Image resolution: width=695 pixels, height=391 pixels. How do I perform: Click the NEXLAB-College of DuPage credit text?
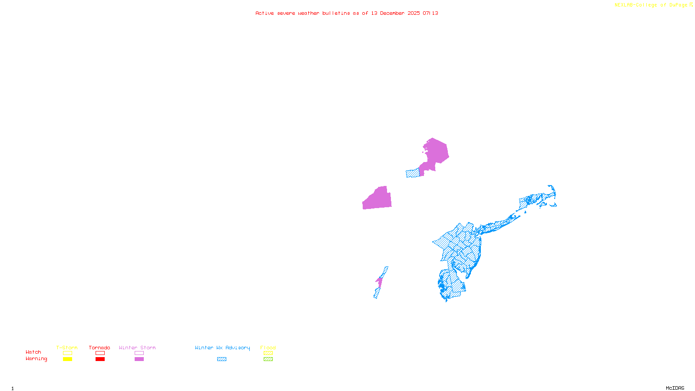(x=651, y=5)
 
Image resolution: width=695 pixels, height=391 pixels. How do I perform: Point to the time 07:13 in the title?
(x=430, y=13)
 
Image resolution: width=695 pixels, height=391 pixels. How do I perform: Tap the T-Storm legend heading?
(x=67, y=348)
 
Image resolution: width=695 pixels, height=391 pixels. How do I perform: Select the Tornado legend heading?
(x=99, y=348)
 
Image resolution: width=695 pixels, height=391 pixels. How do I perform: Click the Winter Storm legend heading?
(x=137, y=348)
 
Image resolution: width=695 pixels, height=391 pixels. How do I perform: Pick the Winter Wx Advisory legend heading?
(x=222, y=348)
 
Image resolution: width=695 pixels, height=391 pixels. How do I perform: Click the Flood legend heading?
(x=268, y=348)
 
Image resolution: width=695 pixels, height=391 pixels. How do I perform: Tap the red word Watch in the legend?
(x=33, y=352)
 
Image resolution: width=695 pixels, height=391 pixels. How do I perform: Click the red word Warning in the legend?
(x=36, y=359)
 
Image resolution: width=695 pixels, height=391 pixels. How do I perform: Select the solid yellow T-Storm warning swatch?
(x=67, y=359)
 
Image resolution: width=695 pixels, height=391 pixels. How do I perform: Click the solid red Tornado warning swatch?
(x=100, y=359)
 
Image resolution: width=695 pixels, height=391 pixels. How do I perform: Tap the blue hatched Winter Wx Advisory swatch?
(x=222, y=359)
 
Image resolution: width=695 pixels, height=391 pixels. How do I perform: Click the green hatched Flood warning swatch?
(x=268, y=359)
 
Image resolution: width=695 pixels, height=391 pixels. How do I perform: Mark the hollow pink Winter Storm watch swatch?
(x=139, y=353)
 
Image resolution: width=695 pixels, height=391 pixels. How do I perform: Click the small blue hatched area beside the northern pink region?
(x=412, y=173)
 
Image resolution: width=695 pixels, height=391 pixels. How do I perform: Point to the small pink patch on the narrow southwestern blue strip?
(x=379, y=282)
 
